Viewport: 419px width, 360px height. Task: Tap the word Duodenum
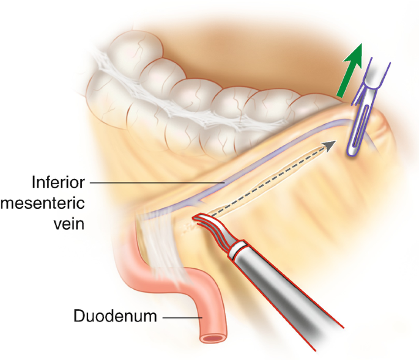114,317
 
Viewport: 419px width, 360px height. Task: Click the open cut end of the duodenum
213,336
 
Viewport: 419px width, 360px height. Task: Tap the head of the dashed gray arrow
330,144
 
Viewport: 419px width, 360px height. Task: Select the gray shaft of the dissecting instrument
287,293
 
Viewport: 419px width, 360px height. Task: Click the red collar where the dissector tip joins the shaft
237,251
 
